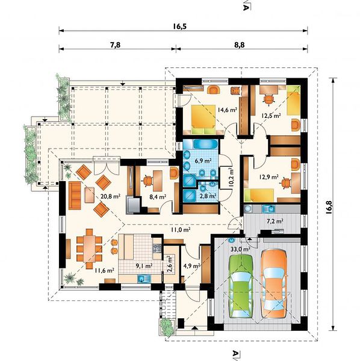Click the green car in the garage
click(x=241, y=286)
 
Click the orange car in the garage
click(x=274, y=283)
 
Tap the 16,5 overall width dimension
click(x=179, y=26)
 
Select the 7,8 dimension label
click(x=115, y=45)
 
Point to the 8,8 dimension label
click(x=240, y=45)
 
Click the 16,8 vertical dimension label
click(x=329, y=208)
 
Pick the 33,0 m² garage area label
click(x=240, y=249)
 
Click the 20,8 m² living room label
click(x=111, y=196)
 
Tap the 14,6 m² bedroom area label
click(x=227, y=110)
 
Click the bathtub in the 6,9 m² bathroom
click(x=205, y=144)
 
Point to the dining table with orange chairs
click(x=89, y=248)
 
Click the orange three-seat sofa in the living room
click(x=75, y=195)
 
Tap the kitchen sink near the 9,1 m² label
click(x=144, y=279)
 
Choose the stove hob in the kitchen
click(x=157, y=248)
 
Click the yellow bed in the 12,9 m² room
click(x=259, y=195)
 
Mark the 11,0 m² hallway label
click(x=181, y=230)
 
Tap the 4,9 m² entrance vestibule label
click(x=191, y=266)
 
